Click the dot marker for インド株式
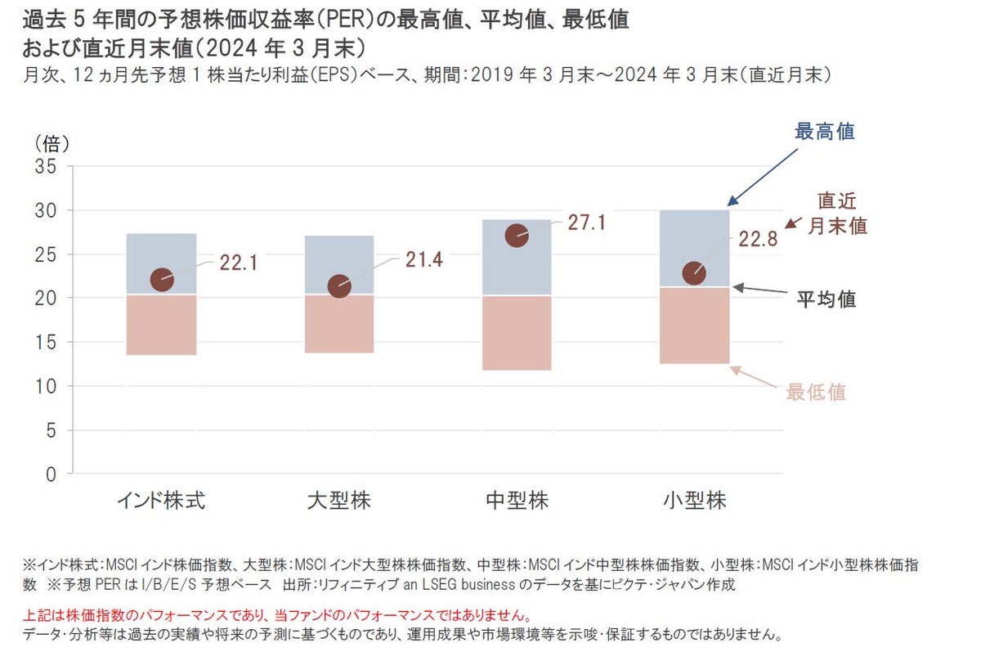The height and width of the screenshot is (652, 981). point(162,280)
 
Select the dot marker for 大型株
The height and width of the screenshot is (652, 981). point(339,286)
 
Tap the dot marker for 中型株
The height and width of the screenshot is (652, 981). point(517,236)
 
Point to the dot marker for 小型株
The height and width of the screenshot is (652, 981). point(694,273)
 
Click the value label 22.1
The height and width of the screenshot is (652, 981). point(240,263)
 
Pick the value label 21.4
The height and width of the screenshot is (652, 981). point(424,260)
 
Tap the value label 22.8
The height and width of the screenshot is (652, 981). point(758,240)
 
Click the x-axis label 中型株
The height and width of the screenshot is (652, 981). point(517,501)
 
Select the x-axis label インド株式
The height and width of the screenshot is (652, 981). point(162,501)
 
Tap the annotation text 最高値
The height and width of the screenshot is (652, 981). point(825,132)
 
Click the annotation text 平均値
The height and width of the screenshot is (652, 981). point(826,299)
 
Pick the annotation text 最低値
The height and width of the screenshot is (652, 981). point(816,392)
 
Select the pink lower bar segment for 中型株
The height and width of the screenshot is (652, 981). point(517,333)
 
